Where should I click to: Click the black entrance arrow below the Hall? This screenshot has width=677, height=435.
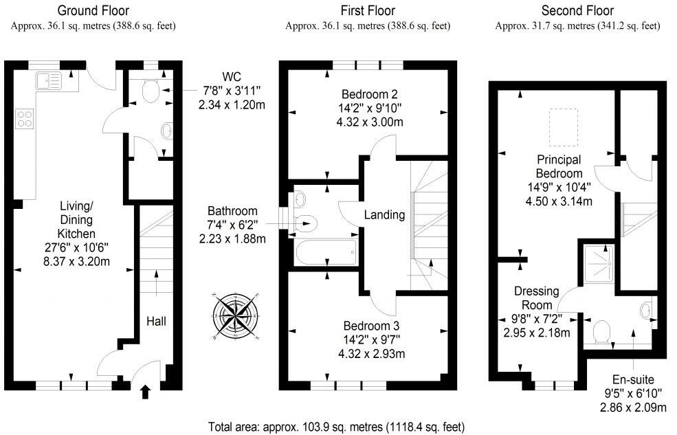(x=145, y=392)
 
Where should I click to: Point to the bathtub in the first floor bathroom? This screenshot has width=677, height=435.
(x=325, y=252)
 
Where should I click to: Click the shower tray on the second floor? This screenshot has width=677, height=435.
(x=597, y=263)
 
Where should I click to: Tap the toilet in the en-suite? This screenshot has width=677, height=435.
(x=603, y=331)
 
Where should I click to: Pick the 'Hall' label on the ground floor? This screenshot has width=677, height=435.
(x=155, y=321)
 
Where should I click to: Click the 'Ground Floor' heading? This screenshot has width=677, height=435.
(x=93, y=10)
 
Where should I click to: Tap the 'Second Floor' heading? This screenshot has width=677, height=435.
(x=577, y=10)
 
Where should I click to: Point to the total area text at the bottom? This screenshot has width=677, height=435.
(x=340, y=426)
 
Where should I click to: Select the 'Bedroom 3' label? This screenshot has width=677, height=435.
(x=372, y=325)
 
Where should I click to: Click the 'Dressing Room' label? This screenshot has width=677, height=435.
(x=535, y=298)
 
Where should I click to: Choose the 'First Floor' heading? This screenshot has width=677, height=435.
(x=368, y=10)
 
